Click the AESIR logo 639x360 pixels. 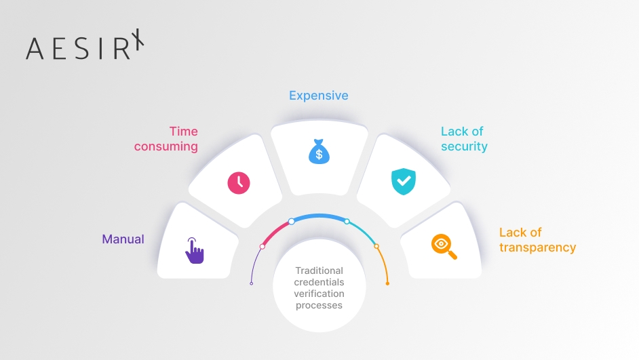pyautogui.click(x=85, y=44)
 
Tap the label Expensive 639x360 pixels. pyautogui.click(x=319, y=96)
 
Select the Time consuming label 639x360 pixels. pyautogui.click(x=166, y=139)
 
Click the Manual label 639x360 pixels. pyautogui.click(x=123, y=239)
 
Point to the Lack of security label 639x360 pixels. pyautogui.click(x=464, y=139)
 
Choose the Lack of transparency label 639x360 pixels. pyautogui.click(x=537, y=240)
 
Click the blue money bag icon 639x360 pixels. pyautogui.click(x=319, y=151)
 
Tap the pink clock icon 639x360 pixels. pyautogui.click(x=239, y=183)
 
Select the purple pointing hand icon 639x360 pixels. pyautogui.click(x=195, y=250)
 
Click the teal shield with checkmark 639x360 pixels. pyautogui.click(x=404, y=181)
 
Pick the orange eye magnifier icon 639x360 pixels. pyautogui.click(x=444, y=246)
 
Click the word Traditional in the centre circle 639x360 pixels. pyautogui.click(x=319, y=271)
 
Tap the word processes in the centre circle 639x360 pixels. pyautogui.click(x=319, y=306)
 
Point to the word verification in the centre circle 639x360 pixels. pyautogui.click(x=319, y=294)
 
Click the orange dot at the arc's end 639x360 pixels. pyautogui.click(x=387, y=283)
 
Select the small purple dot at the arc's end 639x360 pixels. pyautogui.click(x=252, y=283)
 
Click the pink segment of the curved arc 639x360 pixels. pyautogui.click(x=275, y=233)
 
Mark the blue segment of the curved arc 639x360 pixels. pyautogui.click(x=319, y=216)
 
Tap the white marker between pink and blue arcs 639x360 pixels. pyautogui.click(x=292, y=222)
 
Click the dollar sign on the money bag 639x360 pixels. pyautogui.click(x=319, y=155)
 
